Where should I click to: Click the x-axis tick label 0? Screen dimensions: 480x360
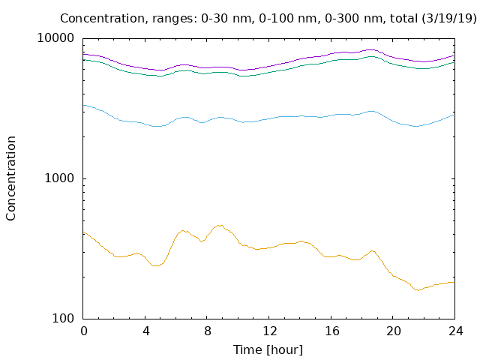pos(83,331)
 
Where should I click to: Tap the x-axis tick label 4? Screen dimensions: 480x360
pos(145,331)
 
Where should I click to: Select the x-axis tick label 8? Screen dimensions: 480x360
pos(208,331)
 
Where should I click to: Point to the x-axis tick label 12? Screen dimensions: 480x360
pos(270,331)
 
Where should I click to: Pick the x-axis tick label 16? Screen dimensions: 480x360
pos(331,331)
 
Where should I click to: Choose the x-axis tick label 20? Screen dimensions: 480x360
pos(394,331)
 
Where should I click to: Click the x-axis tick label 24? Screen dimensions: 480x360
pos(456,331)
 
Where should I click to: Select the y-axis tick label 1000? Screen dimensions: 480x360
pos(59,178)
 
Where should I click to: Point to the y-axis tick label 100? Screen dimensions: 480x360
pos(63,318)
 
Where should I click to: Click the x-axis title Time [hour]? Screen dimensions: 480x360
pos(268,350)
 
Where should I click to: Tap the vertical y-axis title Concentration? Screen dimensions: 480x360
pos(10,178)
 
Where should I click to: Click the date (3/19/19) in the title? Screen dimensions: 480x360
pos(449,18)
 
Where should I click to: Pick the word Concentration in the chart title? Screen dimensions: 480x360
pos(102,18)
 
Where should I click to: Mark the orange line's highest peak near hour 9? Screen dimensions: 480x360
pos(220,225)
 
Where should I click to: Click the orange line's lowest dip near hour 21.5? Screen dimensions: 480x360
pos(418,290)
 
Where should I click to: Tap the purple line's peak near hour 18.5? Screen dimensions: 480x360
pos(370,49)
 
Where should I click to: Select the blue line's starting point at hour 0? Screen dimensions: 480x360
pos(83,105)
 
